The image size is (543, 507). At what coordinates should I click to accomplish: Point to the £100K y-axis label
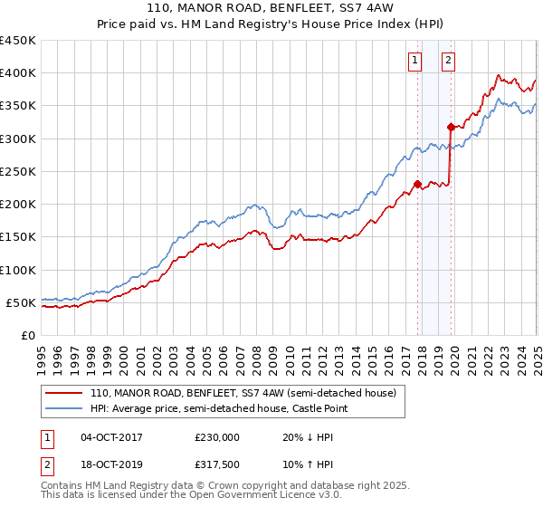[x=18, y=270]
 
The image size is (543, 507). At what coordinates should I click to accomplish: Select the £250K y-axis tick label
[x=18, y=171]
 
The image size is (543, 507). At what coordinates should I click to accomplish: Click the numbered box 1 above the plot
[x=414, y=61]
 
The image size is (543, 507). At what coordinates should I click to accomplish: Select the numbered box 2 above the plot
[x=448, y=61]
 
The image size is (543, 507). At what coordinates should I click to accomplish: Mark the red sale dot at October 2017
[x=417, y=184]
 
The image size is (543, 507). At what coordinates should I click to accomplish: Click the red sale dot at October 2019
[x=451, y=127]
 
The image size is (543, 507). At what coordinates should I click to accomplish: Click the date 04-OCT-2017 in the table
[x=111, y=437]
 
